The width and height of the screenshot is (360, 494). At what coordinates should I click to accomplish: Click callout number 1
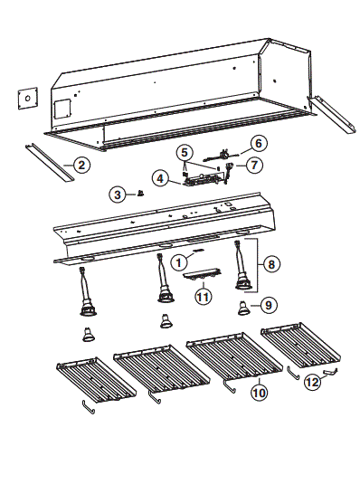coord(179,262)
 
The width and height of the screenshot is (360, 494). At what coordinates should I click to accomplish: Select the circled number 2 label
coord(81,165)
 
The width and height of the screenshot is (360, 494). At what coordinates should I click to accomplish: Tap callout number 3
coord(118,195)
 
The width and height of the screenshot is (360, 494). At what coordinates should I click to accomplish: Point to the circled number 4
coord(161,178)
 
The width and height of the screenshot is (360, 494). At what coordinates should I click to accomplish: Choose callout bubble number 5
coord(185,153)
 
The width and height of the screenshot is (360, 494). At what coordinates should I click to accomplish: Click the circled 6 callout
coord(259,143)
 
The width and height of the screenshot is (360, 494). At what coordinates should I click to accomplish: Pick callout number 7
coord(254,165)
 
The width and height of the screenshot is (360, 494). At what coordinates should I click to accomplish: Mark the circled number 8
coord(271,264)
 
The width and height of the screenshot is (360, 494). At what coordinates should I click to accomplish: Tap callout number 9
coord(269,305)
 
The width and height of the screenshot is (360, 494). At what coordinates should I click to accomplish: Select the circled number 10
coord(260,393)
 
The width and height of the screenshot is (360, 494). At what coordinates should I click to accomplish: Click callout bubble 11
coord(204,297)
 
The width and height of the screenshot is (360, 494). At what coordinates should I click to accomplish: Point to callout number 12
coord(312,382)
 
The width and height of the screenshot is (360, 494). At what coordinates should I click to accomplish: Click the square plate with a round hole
coord(28,99)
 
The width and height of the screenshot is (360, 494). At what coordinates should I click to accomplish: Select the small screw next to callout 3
coord(140,194)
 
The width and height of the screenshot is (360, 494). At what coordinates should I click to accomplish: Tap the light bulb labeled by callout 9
coord(243,309)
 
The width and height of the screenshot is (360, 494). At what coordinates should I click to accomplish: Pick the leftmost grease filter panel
coord(97,380)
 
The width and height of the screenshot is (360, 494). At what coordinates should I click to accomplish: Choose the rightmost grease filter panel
coord(300,345)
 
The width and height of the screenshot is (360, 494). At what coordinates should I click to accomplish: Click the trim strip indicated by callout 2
coord(50,163)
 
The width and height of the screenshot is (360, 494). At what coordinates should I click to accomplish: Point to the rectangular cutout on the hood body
coord(62,109)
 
